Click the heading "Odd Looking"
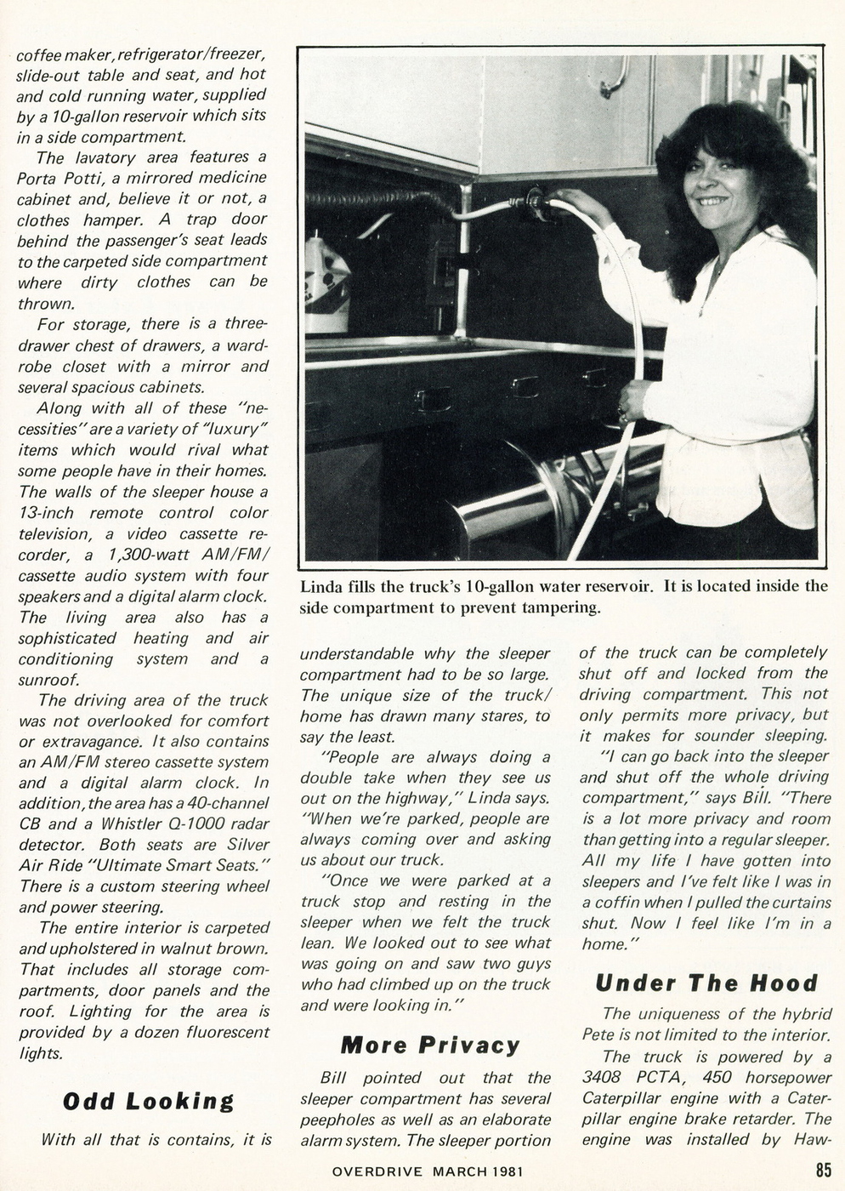[148, 1101]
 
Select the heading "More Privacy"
[429, 1045]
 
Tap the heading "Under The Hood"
[706, 983]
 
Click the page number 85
[823, 1171]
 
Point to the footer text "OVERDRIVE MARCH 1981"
[428, 1171]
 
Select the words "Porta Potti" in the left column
[56, 179]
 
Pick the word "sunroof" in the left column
[48, 680]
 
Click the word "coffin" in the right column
[621, 902]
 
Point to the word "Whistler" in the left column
[133, 823]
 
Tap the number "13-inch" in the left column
[46, 513]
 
